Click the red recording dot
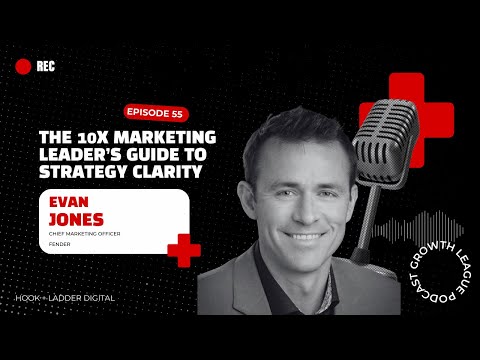click(x=23, y=67)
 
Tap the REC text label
click(x=45, y=67)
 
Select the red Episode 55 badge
click(x=154, y=112)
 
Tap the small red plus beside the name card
click(x=183, y=249)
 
